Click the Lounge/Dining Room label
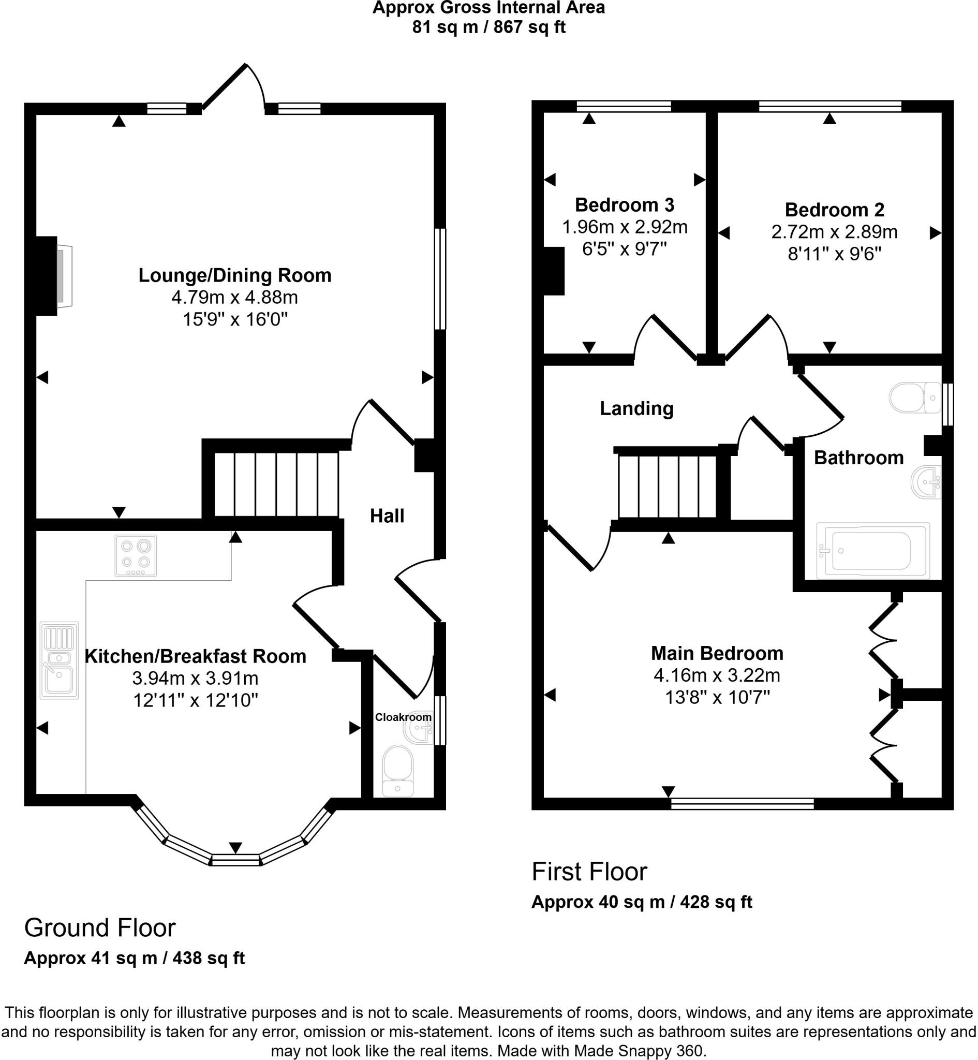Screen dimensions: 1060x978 tap(234, 276)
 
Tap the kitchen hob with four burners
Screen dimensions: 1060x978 tap(136, 555)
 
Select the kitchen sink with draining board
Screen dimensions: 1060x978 tap(60, 660)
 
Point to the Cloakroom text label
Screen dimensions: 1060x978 tap(403, 717)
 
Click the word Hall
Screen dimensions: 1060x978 tap(387, 516)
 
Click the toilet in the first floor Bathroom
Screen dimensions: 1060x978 tap(914, 397)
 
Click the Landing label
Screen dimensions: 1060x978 tap(636, 408)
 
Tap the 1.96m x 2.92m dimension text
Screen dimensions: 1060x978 tap(625, 227)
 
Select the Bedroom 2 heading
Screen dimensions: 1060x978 tap(834, 210)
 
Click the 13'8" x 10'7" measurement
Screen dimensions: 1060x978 tap(717, 698)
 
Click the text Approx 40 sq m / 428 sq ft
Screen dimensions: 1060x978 tap(642, 902)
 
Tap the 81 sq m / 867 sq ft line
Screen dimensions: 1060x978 tap(488, 27)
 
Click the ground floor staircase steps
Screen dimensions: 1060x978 tap(276, 484)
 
